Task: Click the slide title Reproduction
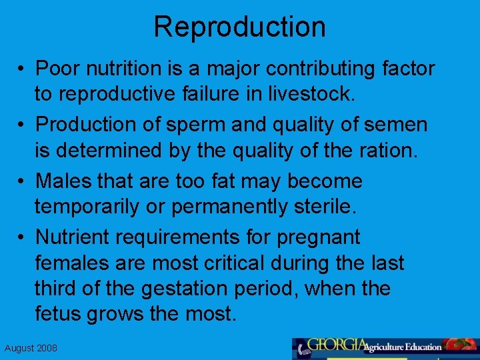[240, 27]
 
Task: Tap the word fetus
[57, 314]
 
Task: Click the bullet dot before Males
[23, 181]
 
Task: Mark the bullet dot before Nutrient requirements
[23, 237]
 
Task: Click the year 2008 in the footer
[46, 349]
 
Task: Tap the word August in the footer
[19, 349]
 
